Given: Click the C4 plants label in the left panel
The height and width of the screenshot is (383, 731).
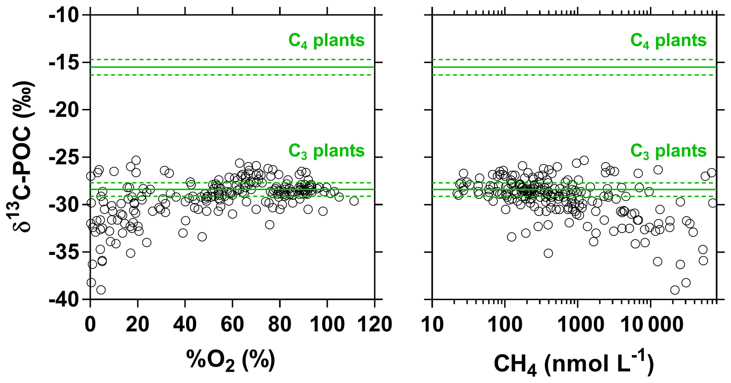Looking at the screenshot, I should click(x=326, y=41).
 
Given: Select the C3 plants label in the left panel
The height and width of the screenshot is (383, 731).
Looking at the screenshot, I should click(x=326, y=151).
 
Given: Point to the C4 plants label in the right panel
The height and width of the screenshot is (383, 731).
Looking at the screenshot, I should click(x=668, y=41).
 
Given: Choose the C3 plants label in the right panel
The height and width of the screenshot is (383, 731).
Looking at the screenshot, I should click(x=668, y=151).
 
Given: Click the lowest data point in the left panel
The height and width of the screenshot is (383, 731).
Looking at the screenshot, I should click(x=101, y=290).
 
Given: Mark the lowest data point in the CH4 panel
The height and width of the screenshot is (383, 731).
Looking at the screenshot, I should click(x=675, y=290).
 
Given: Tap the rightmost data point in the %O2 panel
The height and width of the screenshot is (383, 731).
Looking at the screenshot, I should click(x=354, y=201).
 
